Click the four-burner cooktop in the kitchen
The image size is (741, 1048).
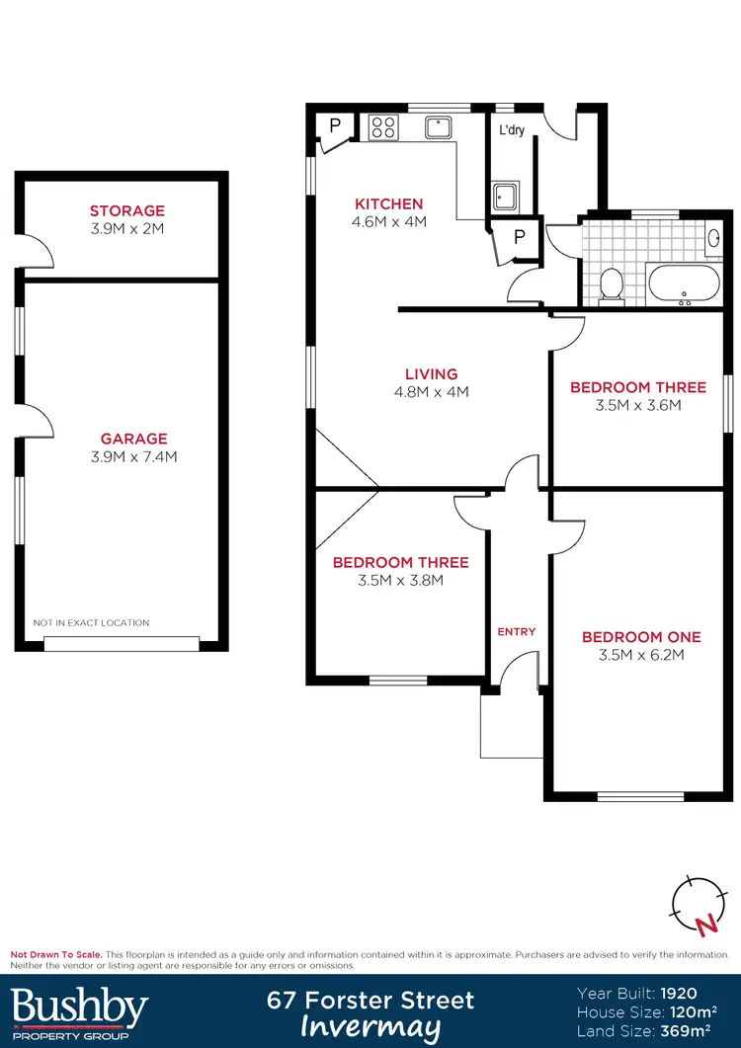tap(382, 127)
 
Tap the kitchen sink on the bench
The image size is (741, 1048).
tap(438, 126)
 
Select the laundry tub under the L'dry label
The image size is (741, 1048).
tap(507, 198)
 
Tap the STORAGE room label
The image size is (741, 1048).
tap(127, 210)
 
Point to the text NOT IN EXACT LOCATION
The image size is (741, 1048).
tap(91, 623)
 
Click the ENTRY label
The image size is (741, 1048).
tap(516, 631)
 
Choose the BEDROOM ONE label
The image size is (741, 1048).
tap(641, 637)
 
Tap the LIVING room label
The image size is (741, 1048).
tap(432, 374)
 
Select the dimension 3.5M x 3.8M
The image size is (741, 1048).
tap(400, 580)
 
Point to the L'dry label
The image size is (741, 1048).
tap(511, 130)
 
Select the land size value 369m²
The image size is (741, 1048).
tap(697, 1031)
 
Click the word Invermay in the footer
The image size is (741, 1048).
tap(370, 1027)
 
